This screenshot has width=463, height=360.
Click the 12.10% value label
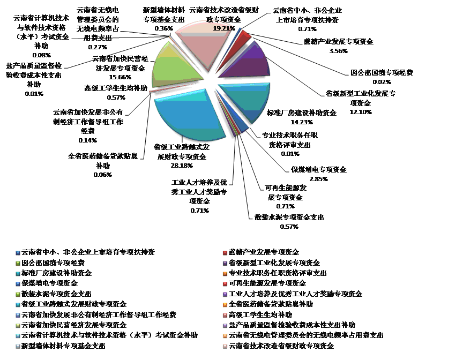click(x=361, y=111)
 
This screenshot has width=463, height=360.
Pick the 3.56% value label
click(x=338, y=51)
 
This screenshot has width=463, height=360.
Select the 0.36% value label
click(x=163, y=28)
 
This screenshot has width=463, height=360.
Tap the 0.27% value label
click(x=98, y=47)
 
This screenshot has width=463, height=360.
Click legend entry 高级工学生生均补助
click(x=260, y=314)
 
